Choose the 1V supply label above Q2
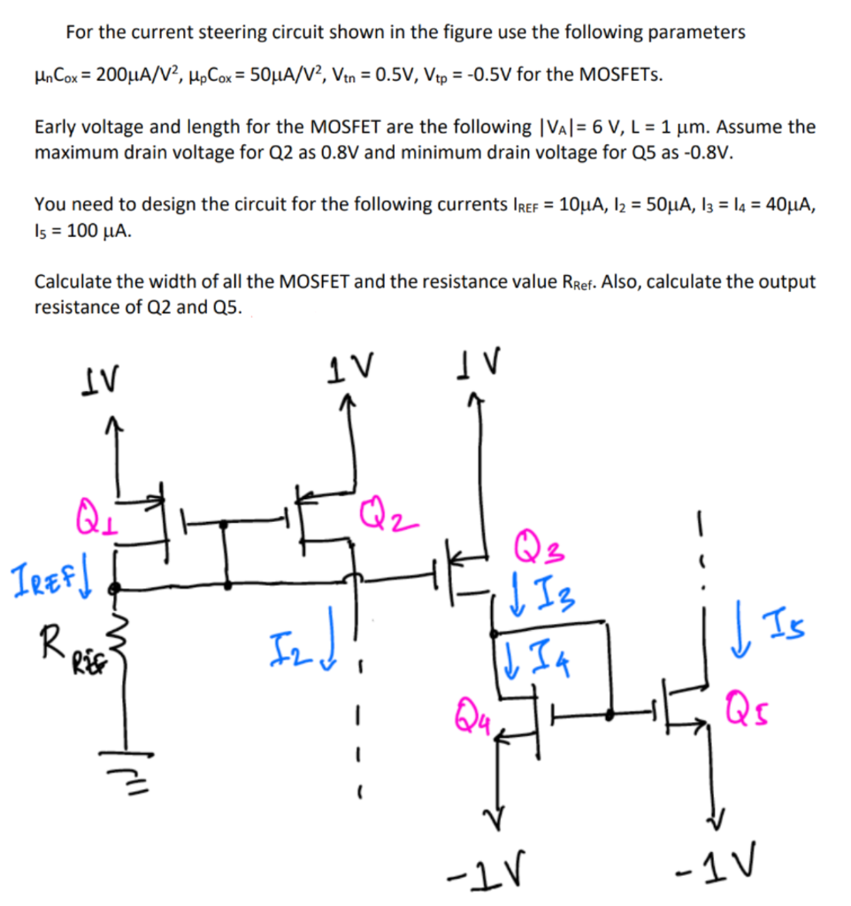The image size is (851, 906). (352, 363)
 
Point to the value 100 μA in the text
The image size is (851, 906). (95, 229)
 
